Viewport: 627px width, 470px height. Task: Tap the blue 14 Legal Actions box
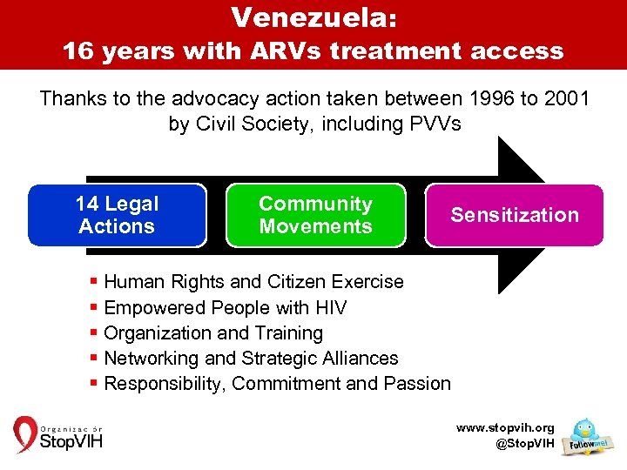[x=117, y=215]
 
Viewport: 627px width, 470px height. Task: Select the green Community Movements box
[x=315, y=215]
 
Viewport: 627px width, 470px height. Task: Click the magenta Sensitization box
[x=514, y=215]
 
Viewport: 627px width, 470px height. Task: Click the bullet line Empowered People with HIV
[x=225, y=307]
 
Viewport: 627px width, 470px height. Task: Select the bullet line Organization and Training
[x=212, y=332]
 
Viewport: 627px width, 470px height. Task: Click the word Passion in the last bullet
[x=418, y=383]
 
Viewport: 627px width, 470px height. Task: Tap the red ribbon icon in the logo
[x=24, y=434]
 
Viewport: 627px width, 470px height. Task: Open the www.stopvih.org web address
[x=506, y=428]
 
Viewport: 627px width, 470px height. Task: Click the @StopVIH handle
[x=523, y=444]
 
